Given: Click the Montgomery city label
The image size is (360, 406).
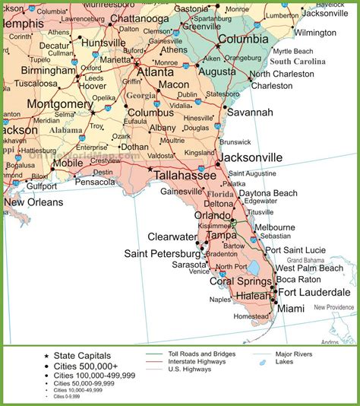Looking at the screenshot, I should tap(59, 103).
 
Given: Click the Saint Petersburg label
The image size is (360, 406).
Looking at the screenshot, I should tap(166, 253).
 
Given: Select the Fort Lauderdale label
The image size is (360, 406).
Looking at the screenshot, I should tap(314, 292).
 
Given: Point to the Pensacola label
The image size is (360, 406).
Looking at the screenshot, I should tap(94, 182).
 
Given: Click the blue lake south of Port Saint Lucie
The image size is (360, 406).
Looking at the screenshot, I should tap(252, 268).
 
